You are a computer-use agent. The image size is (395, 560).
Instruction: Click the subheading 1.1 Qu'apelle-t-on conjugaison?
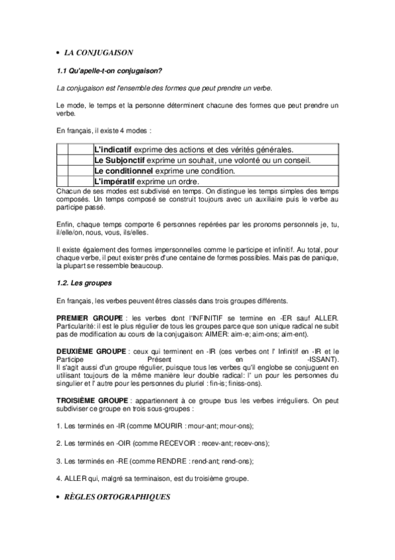coord(109,70)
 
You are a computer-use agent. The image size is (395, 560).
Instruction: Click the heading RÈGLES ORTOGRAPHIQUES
coord(118,497)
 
